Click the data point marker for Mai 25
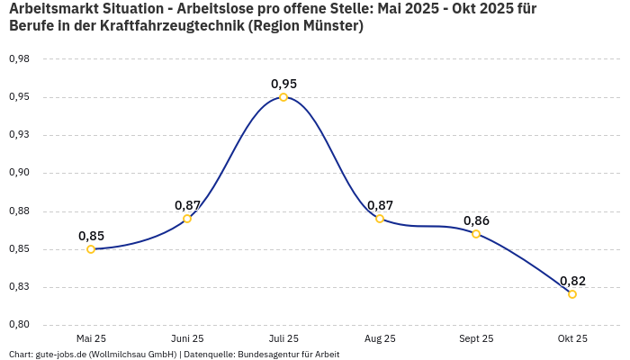(91, 249)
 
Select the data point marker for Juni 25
(187, 219)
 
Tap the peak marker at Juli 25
(283, 97)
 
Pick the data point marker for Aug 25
(380, 219)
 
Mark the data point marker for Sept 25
(476, 234)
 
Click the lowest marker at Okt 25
(572, 294)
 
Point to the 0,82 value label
(572, 281)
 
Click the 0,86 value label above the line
(476, 220)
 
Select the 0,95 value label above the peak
(283, 84)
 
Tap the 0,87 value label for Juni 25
(187, 205)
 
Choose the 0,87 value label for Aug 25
(380, 205)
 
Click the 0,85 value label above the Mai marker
(91, 236)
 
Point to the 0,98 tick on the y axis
(19, 59)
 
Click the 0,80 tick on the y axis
(19, 325)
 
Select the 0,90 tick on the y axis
(19, 173)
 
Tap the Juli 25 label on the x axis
(283, 338)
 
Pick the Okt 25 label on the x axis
(572, 338)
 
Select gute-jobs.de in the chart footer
(63, 355)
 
